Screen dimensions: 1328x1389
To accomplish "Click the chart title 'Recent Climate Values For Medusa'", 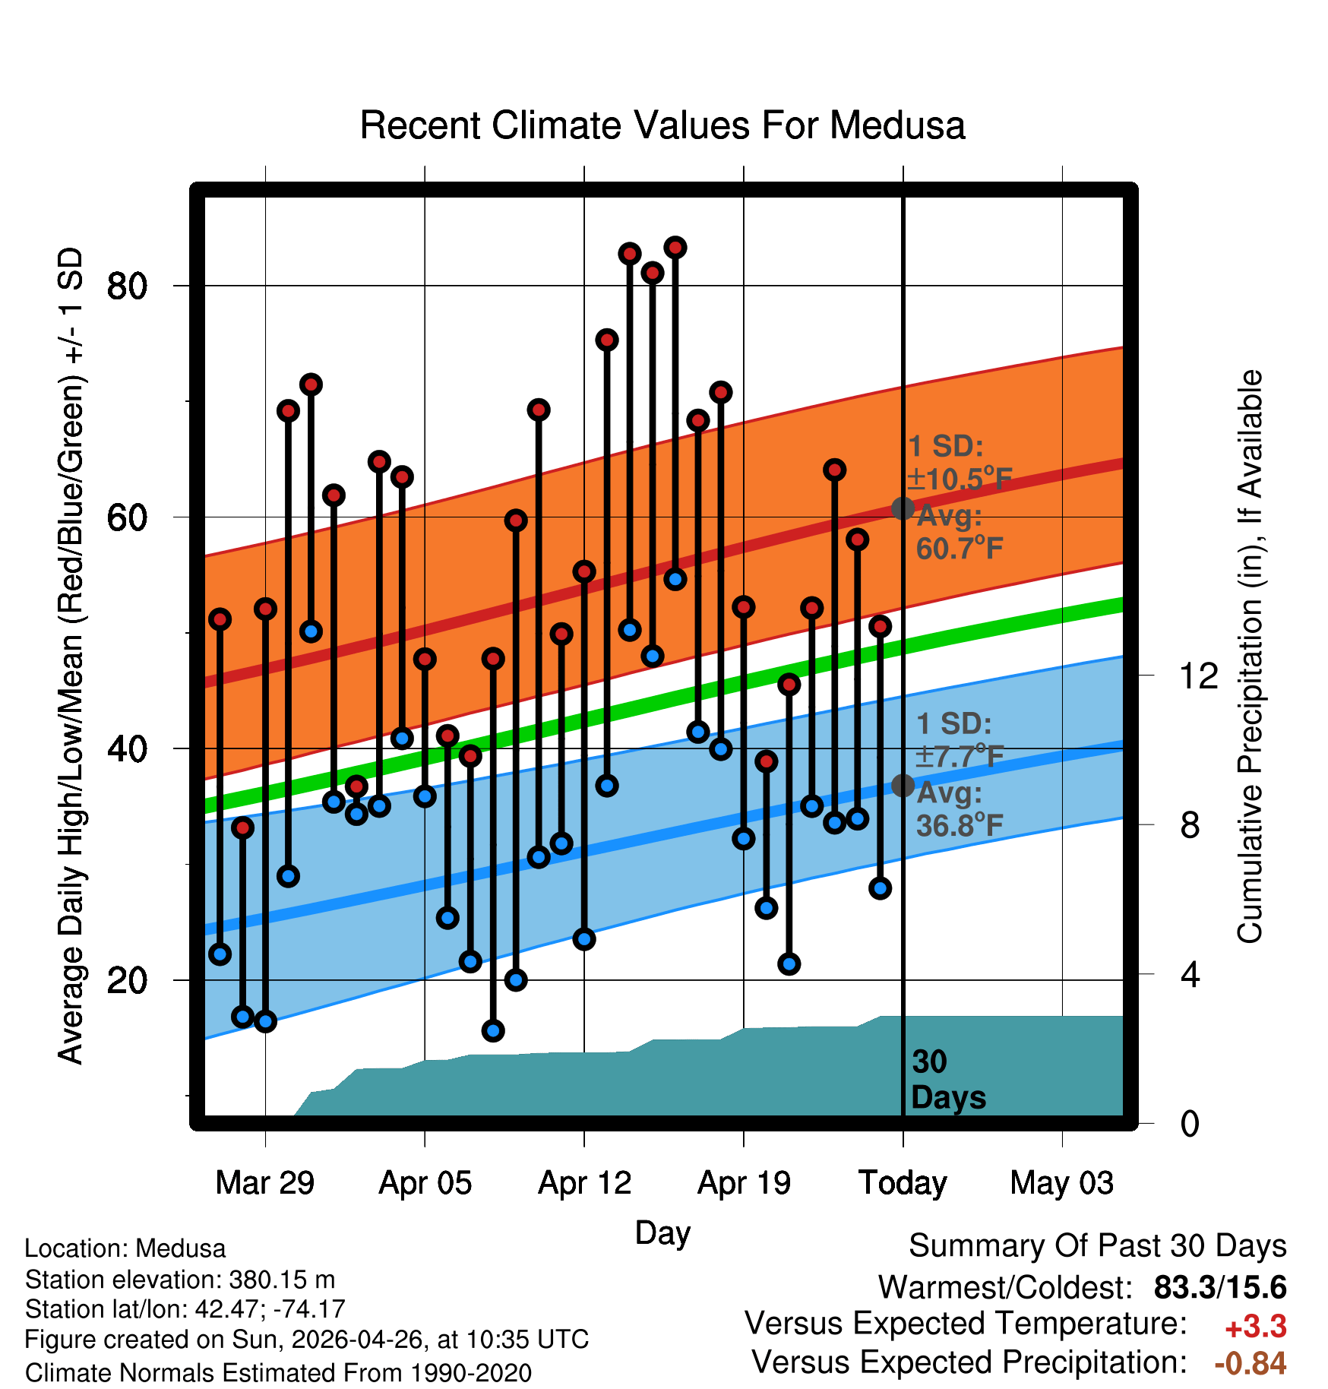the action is [662, 125].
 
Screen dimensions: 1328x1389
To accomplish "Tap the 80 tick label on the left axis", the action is [127, 286].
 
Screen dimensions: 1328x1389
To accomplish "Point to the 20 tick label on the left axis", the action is [127, 980].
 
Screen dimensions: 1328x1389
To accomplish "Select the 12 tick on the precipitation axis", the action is [1198, 676].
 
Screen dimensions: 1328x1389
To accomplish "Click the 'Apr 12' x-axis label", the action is [584, 1183].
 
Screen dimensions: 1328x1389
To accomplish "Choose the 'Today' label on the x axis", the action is [903, 1183].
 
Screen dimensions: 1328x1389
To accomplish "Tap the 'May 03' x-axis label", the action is [1062, 1183].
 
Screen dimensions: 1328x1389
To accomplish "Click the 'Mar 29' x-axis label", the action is [265, 1183].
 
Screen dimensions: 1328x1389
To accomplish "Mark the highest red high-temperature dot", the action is [675, 248].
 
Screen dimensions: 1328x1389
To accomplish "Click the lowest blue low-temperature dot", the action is [493, 1030].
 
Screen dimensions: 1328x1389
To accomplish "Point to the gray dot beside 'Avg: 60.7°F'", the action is [903, 508].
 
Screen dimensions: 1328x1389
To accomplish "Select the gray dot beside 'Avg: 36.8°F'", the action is [903, 785].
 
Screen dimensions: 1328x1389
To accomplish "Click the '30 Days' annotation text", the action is [948, 1080].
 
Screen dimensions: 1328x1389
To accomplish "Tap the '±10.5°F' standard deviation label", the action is [960, 479].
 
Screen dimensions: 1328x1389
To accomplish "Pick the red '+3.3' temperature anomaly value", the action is [1256, 1327].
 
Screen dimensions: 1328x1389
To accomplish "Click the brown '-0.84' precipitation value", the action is [1251, 1363].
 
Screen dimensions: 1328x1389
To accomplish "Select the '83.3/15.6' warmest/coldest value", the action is [1220, 1287].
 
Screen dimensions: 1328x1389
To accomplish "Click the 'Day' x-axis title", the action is [662, 1232].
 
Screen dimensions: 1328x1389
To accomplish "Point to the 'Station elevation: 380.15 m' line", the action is [180, 1280].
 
